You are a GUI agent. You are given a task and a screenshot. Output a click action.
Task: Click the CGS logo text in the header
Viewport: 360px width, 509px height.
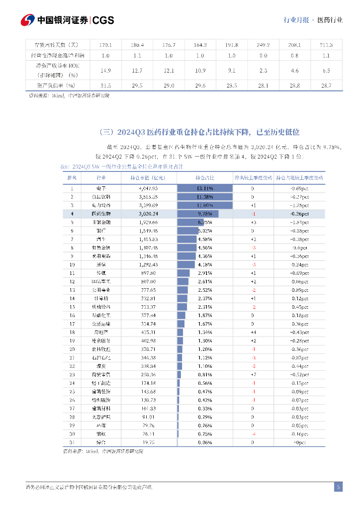[103, 20]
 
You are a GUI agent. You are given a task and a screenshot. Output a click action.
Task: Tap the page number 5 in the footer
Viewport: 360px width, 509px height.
[338, 487]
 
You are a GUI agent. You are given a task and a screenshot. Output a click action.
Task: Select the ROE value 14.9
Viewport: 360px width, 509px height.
[105, 71]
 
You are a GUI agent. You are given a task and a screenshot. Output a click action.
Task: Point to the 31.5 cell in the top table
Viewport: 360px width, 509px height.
[105, 86]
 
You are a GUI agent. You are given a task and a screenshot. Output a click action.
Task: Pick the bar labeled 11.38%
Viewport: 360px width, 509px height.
[204, 197]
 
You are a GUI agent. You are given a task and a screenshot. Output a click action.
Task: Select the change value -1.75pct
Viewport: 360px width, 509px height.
[299, 205]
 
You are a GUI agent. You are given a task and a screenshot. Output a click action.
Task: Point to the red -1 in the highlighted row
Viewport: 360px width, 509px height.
[253, 214]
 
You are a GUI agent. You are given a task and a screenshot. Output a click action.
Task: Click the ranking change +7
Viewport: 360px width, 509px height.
[253, 374]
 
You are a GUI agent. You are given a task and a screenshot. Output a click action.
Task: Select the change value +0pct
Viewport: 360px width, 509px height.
[299, 442]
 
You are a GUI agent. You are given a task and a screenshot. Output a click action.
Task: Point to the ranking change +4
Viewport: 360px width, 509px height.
[253, 332]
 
